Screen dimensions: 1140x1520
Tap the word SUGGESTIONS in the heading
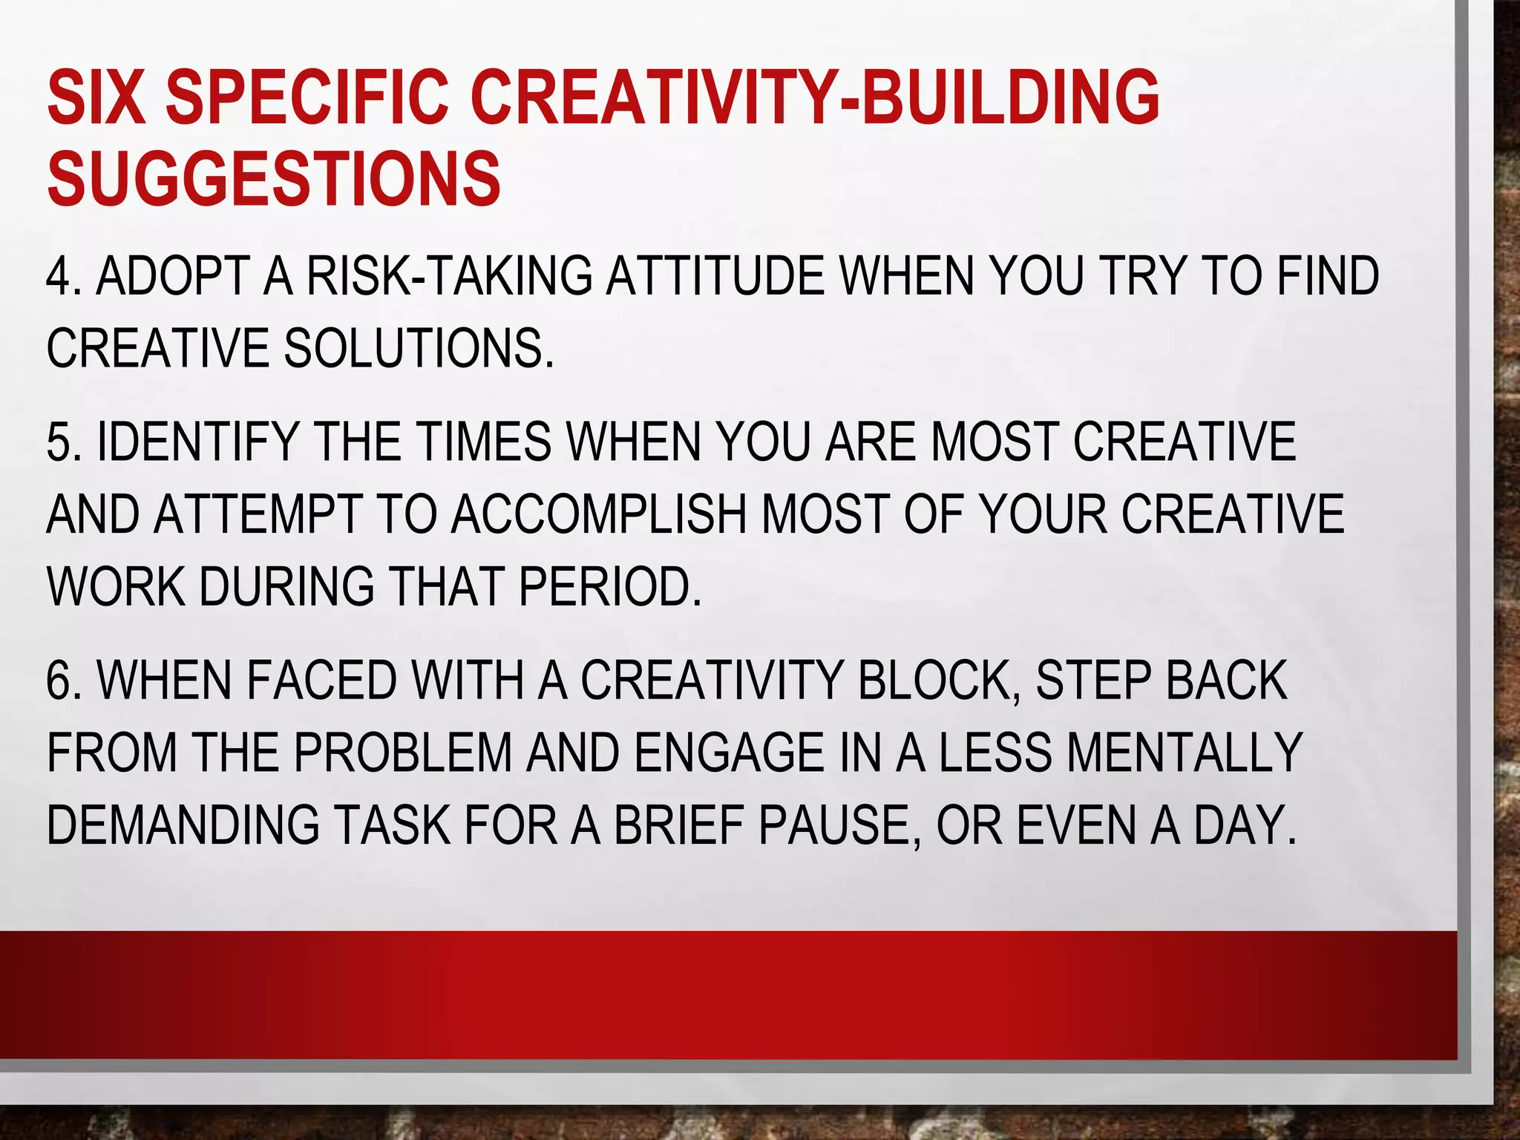pyautogui.click(x=273, y=179)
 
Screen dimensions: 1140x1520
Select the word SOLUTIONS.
pyautogui.click(x=419, y=348)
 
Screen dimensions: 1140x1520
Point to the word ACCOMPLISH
pyautogui.click(x=598, y=514)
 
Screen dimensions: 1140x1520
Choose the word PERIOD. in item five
pyautogui.click(x=609, y=586)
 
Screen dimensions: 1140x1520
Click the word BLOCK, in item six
pyautogui.click(x=939, y=680)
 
